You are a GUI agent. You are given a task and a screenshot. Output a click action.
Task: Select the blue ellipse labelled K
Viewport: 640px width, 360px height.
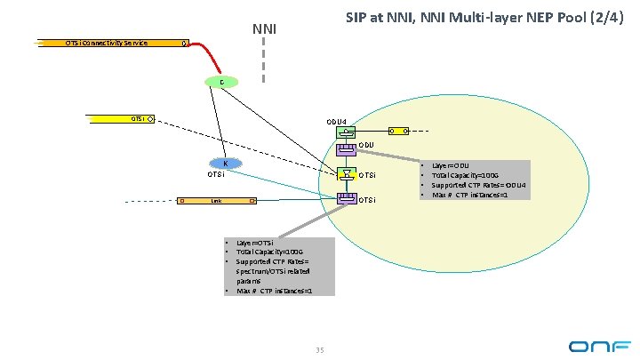(226, 163)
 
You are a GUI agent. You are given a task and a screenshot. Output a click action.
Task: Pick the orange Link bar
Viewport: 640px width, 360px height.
(217, 201)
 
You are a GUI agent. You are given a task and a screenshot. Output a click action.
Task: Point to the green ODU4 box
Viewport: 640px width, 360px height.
(345, 132)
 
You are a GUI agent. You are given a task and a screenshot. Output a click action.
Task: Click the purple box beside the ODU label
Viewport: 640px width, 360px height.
(345, 146)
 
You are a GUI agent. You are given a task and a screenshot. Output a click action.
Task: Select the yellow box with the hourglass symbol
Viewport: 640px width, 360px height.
(345, 174)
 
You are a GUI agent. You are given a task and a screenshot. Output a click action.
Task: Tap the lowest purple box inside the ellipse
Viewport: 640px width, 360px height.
(345, 198)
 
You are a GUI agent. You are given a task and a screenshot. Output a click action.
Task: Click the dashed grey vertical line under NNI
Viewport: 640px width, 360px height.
(264, 62)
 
